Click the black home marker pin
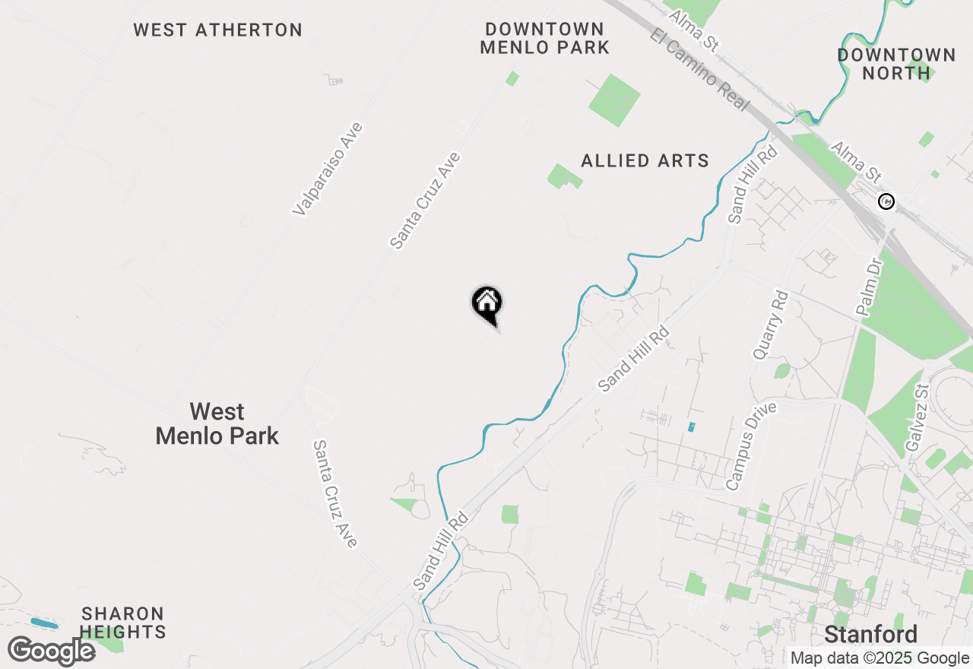(x=487, y=304)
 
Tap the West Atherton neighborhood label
(x=217, y=30)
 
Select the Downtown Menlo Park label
(x=547, y=38)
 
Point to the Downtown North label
(x=896, y=64)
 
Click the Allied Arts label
(x=645, y=161)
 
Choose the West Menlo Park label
(x=217, y=424)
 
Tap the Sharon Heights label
(x=123, y=623)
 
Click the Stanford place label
(x=870, y=634)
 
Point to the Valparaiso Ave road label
(x=328, y=169)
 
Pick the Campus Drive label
(x=751, y=445)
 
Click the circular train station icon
(x=886, y=201)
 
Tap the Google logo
(x=51, y=652)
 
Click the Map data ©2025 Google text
(x=880, y=658)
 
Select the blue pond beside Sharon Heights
(x=44, y=623)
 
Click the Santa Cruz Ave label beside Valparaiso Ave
(x=425, y=201)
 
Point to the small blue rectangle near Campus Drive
(x=691, y=427)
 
